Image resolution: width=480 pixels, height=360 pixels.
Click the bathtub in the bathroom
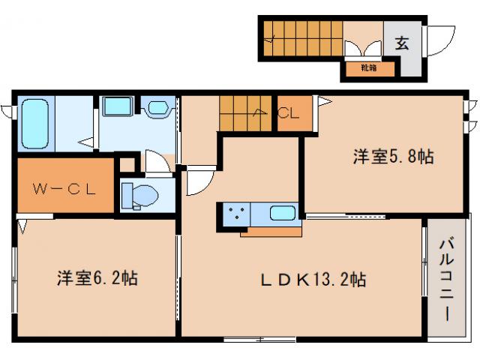tap(34, 122)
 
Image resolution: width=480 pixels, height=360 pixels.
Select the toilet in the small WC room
tap(140, 196)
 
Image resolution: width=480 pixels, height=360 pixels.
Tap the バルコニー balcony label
tap(445, 278)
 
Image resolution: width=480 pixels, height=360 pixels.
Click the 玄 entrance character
tap(403, 43)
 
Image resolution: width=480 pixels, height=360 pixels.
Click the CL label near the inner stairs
tap(289, 115)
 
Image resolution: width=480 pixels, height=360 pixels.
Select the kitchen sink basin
tap(282, 212)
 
